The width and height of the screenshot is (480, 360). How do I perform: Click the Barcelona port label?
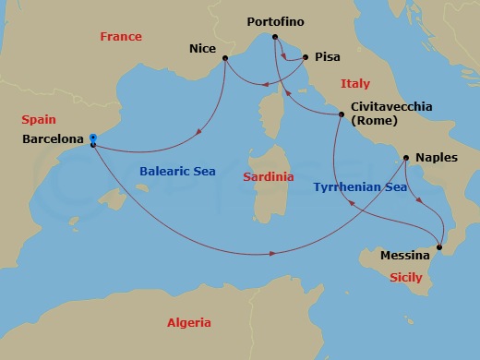pyautogui.click(x=53, y=141)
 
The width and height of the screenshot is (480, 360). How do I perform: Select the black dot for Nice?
pyautogui.click(x=225, y=59)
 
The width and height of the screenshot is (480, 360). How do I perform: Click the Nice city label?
pyautogui.click(x=202, y=45)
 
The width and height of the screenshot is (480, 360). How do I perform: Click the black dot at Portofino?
pyautogui.click(x=274, y=38)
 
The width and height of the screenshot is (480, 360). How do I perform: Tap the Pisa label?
pyautogui.click(x=327, y=56)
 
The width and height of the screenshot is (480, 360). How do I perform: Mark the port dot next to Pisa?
pyautogui.click(x=305, y=56)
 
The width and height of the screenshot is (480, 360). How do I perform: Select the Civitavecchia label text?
pyautogui.click(x=391, y=107)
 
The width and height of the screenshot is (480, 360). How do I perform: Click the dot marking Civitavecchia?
pyautogui.click(x=342, y=114)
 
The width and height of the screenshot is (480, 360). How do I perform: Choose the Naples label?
pyautogui.click(x=436, y=158)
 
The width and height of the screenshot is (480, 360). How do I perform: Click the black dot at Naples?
pyautogui.click(x=406, y=157)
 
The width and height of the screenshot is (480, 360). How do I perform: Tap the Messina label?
pyautogui.click(x=404, y=255)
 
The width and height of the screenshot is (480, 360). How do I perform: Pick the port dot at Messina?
pyautogui.click(x=439, y=246)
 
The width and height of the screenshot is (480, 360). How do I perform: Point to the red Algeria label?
pyautogui.click(x=187, y=323)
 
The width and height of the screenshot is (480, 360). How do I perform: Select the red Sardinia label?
pyautogui.click(x=268, y=176)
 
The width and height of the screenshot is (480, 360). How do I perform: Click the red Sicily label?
pyautogui.click(x=405, y=277)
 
